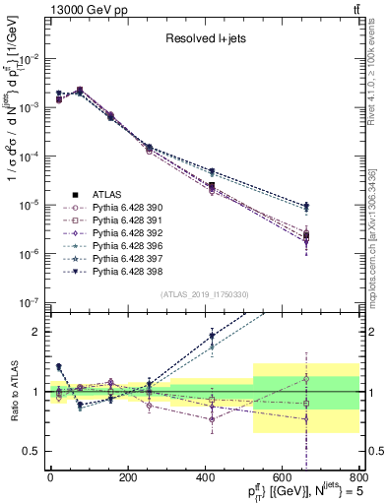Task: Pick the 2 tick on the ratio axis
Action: (x=38, y=332)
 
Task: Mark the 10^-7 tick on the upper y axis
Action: (x=30, y=302)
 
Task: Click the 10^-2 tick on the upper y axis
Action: (x=30, y=59)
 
